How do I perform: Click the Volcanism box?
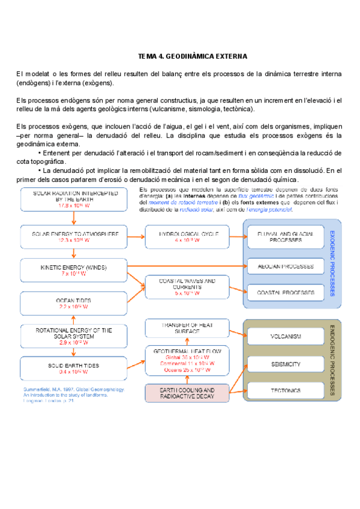[286, 336]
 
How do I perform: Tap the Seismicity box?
[286, 364]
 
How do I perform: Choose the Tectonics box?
[286, 391]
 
